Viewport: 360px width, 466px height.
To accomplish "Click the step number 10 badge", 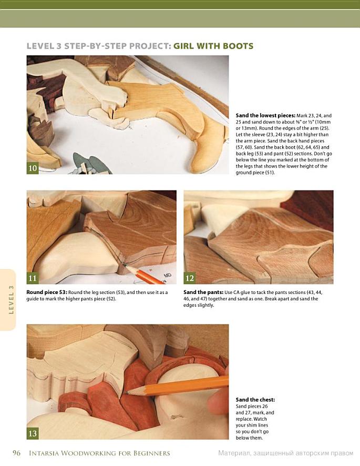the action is pyautogui.click(x=33, y=168).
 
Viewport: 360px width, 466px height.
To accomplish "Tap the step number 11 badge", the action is pyautogui.click(x=33, y=278).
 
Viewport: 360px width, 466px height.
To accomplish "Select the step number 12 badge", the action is pyautogui.click(x=190, y=278).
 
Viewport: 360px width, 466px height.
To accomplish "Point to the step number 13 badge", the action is pyautogui.click(x=33, y=433).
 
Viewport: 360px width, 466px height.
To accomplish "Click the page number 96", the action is pyautogui.click(x=16, y=453).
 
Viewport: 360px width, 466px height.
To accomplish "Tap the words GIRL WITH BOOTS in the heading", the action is pyautogui.click(x=213, y=46).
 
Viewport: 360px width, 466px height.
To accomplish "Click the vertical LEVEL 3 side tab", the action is pyautogui.click(x=11, y=300).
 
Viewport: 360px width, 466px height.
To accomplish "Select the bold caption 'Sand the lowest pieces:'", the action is pyautogui.click(x=265, y=116).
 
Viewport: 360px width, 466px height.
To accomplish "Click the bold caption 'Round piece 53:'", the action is pyautogui.click(x=47, y=292).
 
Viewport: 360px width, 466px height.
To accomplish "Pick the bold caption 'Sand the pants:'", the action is pyautogui.click(x=203, y=292).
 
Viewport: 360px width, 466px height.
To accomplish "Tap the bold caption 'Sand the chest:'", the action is pyautogui.click(x=255, y=400).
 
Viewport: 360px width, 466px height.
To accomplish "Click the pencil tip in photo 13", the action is pyautogui.click(x=126, y=392).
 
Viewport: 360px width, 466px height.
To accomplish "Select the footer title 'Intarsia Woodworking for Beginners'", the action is pyautogui.click(x=99, y=453).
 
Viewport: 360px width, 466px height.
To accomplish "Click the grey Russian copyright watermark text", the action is pyautogui.click(x=286, y=453).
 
